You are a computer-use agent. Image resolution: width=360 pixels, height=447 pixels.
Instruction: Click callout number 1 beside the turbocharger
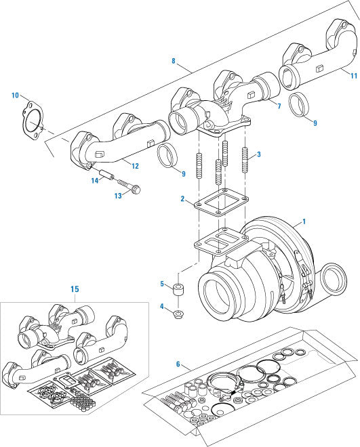(304, 221)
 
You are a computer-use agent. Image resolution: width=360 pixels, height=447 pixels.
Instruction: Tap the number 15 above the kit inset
(75, 289)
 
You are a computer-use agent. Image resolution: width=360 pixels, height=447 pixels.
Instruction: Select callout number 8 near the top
(174, 61)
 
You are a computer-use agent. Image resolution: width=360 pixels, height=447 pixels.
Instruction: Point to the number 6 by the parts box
(178, 364)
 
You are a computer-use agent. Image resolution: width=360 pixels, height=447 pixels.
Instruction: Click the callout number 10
(15, 95)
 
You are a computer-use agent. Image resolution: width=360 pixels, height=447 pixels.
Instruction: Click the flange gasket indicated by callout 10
(31, 118)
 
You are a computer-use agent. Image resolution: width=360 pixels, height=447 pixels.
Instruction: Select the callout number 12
(136, 166)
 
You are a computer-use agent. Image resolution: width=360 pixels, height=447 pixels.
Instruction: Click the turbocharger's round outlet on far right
(334, 279)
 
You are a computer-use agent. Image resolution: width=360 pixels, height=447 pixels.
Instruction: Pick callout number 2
(183, 198)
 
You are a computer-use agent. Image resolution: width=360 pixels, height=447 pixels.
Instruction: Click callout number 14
(96, 180)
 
